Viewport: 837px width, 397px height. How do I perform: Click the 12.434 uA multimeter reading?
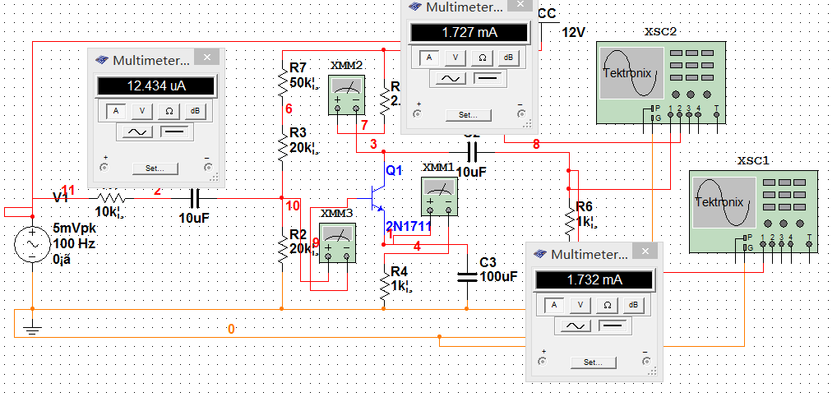(156, 86)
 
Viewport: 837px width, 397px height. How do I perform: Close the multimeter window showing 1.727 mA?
(520, 7)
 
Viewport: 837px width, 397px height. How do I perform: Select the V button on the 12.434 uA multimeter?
(142, 111)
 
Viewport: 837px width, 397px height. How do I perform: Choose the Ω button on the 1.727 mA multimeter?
(483, 58)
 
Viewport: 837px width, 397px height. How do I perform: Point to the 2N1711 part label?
(409, 226)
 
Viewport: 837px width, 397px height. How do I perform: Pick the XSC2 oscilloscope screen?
(629, 74)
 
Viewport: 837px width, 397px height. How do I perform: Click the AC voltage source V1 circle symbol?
(32, 244)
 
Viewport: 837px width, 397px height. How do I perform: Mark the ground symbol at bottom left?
(32, 330)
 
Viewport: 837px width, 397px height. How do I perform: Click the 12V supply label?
(573, 33)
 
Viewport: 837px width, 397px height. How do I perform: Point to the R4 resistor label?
(399, 271)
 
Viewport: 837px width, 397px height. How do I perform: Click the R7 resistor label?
(298, 67)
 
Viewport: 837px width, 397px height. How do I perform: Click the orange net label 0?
(231, 329)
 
